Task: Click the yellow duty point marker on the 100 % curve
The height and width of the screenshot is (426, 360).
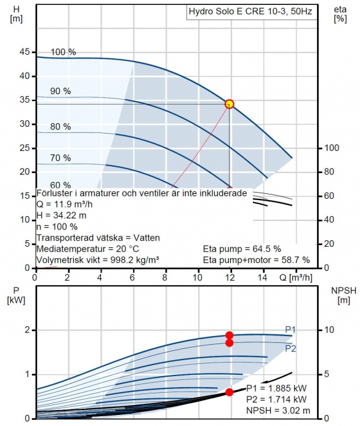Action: [230, 104]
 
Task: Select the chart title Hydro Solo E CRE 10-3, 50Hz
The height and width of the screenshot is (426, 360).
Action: [250, 12]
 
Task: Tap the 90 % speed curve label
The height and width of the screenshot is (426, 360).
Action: [60, 91]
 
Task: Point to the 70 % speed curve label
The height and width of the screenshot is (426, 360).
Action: [60, 158]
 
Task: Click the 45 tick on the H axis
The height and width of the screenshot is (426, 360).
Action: [25, 52]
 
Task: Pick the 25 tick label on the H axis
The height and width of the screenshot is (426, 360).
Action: [25, 148]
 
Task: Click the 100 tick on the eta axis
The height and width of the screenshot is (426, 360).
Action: [332, 148]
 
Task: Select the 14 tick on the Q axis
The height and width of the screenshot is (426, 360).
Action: [262, 278]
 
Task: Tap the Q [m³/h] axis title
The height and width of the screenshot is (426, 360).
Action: [295, 278]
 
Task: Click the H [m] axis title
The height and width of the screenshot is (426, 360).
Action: [16, 14]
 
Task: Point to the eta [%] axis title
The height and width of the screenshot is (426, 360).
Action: [340, 14]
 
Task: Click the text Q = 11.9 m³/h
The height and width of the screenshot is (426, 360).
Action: [65, 204]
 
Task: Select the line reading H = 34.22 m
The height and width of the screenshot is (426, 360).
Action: [62, 215]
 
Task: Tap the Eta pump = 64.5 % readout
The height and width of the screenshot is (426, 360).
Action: [242, 249]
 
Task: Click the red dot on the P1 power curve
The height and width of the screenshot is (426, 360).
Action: [230, 336]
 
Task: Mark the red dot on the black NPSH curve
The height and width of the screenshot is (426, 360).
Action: [230, 392]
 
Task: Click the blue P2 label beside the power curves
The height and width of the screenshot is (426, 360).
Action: [290, 348]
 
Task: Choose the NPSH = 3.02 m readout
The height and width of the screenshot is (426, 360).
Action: [278, 411]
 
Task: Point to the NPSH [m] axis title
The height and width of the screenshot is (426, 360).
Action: [344, 295]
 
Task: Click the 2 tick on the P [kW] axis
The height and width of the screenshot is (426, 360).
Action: [27, 330]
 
